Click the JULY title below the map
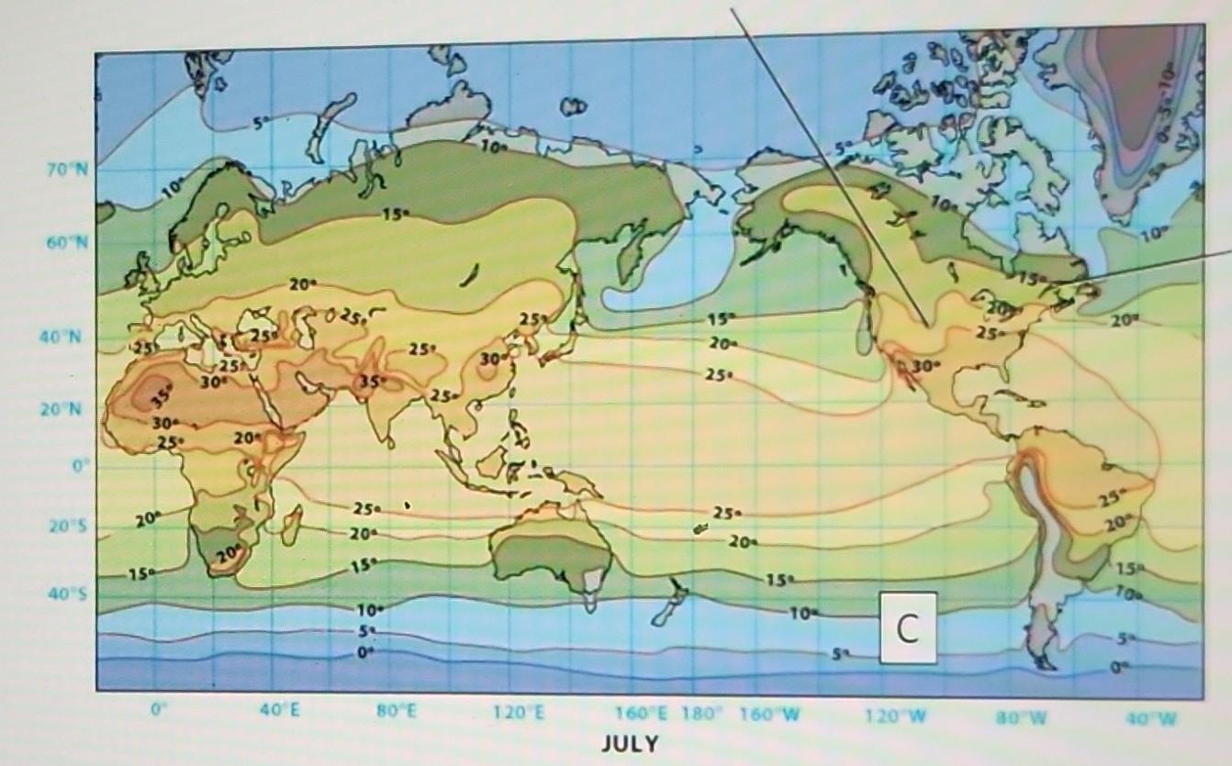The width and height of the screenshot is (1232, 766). click(630, 743)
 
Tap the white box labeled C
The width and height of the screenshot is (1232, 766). click(908, 627)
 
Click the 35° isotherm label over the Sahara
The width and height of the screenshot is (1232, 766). click(161, 397)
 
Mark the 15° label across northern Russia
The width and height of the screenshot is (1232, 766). click(395, 214)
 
